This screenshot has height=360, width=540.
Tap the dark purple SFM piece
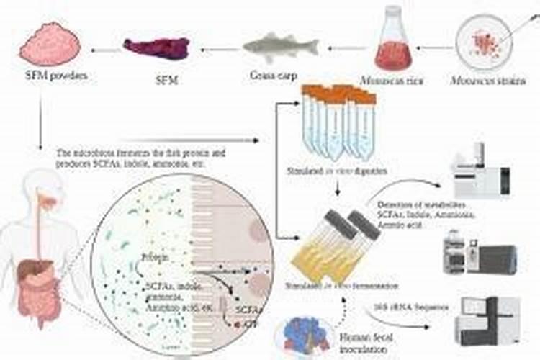(x=156, y=48)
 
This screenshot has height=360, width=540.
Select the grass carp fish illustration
(x=280, y=48)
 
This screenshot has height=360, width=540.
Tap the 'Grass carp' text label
(x=271, y=75)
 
